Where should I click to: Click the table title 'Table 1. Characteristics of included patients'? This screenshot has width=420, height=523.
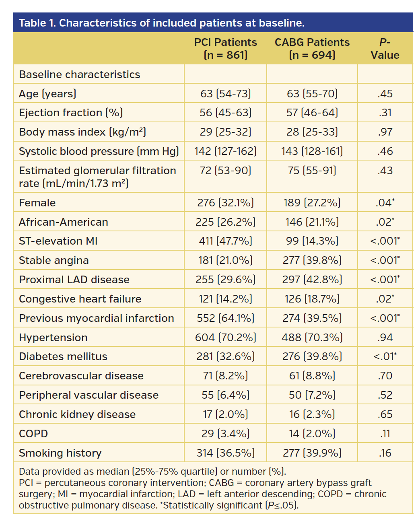pyautogui.click(x=161, y=23)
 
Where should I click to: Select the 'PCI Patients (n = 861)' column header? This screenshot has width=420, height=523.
pyautogui.click(x=225, y=49)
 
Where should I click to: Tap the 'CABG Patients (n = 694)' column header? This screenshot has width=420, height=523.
pyautogui.click(x=312, y=49)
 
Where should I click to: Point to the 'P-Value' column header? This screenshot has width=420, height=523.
pyautogui.click(x=385, y=49)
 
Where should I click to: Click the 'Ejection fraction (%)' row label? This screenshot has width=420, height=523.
pyautogui.click(x=71, y=113)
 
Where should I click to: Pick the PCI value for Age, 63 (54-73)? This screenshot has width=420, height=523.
pyautogui.click(x=225, y=94)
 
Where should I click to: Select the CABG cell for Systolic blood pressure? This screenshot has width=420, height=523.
pyautogui.click(x=312, y=151)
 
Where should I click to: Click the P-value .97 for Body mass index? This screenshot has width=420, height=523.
pyautogui.click(x=385, y=132)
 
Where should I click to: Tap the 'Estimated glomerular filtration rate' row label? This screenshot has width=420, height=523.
pyautogui.click(x=97, y=177)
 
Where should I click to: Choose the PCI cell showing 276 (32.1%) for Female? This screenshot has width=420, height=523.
pyautogui.click(x=225, y=203)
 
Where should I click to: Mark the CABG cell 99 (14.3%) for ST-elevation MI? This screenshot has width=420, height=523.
pyautogui.click(x=312, y=241)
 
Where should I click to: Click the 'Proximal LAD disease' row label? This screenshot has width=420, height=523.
pyautogui.click(x=74, y=280)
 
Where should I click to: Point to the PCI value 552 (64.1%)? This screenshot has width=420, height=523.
pyautogui.click(x=225, y=318)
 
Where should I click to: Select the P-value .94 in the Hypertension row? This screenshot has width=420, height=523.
pyautogui.click(x=385, y=338)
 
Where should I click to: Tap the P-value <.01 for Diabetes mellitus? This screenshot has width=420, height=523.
pyautogui.click(x=385, y=356)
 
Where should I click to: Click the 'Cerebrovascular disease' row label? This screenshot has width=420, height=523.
pyautogui.click(x=81, y=376)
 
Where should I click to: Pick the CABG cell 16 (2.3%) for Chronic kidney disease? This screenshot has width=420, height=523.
pyautogui.click(x=312, y=414)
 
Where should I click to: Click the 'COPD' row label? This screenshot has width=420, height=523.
pyautogui.click(x=33, y=434)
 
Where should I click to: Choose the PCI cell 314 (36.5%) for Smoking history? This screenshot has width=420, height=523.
pyautogui.click(x=225, y=453)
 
